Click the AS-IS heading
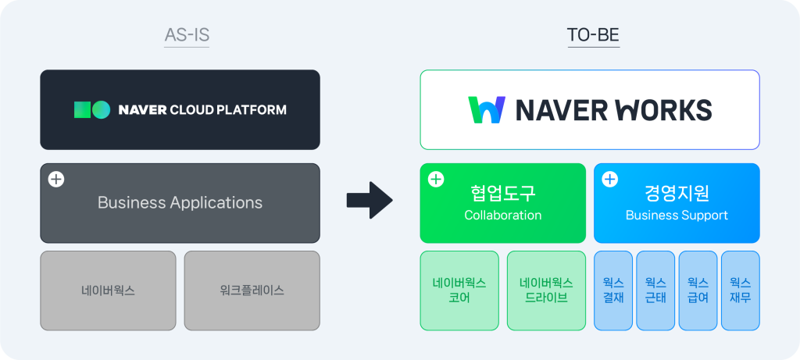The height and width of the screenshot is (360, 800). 187,35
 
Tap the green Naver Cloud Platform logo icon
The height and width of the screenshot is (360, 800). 91,109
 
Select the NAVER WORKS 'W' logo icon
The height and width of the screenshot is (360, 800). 487,110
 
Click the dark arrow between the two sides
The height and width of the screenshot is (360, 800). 370,201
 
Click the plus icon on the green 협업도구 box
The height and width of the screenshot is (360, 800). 436,180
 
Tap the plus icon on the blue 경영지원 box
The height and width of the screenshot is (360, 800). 609,180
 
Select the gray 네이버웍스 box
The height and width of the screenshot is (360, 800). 108,290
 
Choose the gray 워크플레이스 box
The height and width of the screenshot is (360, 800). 252,290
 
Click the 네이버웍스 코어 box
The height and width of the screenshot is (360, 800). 459,290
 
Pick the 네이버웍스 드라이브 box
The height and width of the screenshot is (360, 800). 546,290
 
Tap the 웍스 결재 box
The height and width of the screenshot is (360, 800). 613,290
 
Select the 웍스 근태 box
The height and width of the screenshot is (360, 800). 655,290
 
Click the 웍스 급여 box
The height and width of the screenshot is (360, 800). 698,290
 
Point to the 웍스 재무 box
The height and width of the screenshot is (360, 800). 740,290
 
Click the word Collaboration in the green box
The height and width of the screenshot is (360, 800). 502,216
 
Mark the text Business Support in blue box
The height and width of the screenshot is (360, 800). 677,216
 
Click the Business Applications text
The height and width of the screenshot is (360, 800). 180,203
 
